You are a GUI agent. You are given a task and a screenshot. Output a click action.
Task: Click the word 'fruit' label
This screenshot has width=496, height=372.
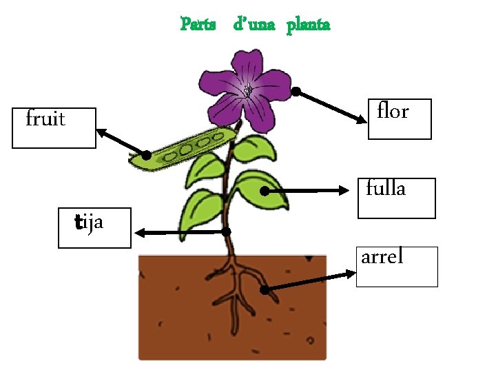[45, 120]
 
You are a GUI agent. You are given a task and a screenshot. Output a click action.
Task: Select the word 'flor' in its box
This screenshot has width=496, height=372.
[393, 111]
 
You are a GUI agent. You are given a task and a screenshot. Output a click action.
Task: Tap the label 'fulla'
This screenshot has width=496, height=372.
[386, 188]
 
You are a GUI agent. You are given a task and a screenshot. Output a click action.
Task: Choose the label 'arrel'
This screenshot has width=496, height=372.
[382, 257]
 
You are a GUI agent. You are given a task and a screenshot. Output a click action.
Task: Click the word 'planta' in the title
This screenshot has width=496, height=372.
[308, 25]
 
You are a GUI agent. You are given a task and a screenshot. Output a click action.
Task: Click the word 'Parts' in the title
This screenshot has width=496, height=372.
[197, 25]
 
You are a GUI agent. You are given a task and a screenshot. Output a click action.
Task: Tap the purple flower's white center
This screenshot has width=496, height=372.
[247, 90]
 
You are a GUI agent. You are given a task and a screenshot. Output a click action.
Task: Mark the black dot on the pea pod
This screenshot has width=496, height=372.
[147, 155]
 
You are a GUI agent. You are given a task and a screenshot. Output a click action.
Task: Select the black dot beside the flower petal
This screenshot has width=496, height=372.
[296, 91]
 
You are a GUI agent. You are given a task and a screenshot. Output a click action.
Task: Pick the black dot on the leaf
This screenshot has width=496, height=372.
[265, 191]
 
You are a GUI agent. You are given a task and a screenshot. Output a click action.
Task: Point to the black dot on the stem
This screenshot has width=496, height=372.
[226, 232]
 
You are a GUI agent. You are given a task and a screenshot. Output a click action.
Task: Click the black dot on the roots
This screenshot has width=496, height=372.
[265, 290]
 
